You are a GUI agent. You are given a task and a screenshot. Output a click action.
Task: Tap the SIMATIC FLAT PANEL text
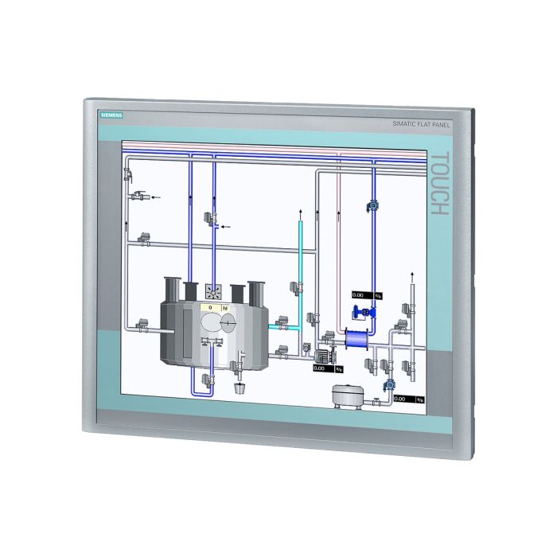[423, 124]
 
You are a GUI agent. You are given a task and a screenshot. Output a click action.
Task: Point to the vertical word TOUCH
[440, 184]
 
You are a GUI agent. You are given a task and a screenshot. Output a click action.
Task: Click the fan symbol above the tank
[213, 290]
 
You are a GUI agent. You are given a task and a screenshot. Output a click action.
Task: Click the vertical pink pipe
[339, 239]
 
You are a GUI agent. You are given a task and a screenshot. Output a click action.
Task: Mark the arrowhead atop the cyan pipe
[300, 213]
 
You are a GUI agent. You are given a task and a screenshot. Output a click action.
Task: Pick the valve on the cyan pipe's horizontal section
[281, 323]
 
